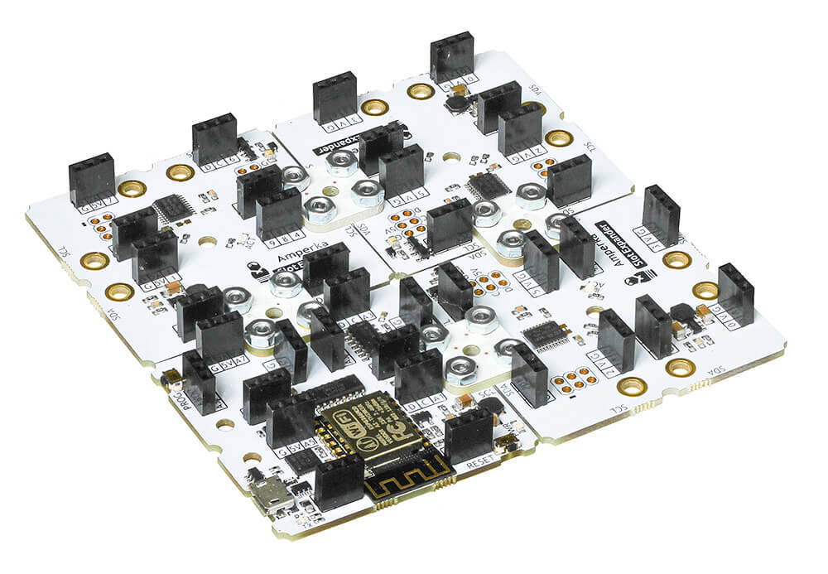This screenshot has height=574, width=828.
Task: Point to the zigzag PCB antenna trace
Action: point(410,485)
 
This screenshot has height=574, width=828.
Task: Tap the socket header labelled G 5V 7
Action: point(90,178)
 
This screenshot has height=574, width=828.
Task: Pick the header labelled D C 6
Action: point(214,140)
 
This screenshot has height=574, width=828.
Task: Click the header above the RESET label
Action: point(469,434)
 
